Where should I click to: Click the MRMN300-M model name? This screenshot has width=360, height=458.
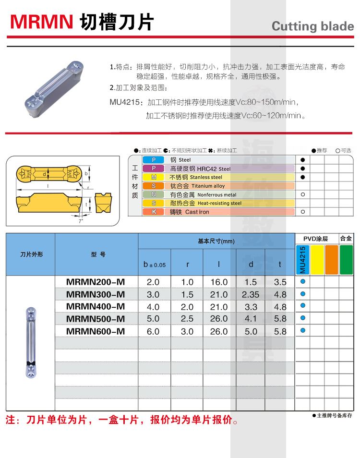[x=96, y=294]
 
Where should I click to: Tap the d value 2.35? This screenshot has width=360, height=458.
[x=251, y=294]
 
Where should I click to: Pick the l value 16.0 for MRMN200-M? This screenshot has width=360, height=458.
[x=219, y=282]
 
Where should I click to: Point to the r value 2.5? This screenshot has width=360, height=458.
[x=187, y=319]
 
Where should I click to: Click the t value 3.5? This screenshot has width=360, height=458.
[x=280, y=282]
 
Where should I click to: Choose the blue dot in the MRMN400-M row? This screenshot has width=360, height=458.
[x=302, y=306]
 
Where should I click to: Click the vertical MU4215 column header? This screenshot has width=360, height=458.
[x=302, y=260]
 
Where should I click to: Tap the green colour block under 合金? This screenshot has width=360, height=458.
[x=346, y=260]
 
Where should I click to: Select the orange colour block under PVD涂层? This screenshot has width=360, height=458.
[x=332, y=260]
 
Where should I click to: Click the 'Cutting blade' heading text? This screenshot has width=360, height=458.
[x=312, y=26]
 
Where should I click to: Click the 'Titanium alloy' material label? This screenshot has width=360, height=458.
[x=208, y=186]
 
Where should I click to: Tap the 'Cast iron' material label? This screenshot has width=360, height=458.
[x=197, y=212]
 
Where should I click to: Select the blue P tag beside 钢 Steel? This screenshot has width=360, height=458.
[x=154, y=159]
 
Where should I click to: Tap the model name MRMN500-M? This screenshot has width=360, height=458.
[x=96, y=319]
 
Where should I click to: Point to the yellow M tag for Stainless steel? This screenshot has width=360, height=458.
[x=154, y=177]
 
